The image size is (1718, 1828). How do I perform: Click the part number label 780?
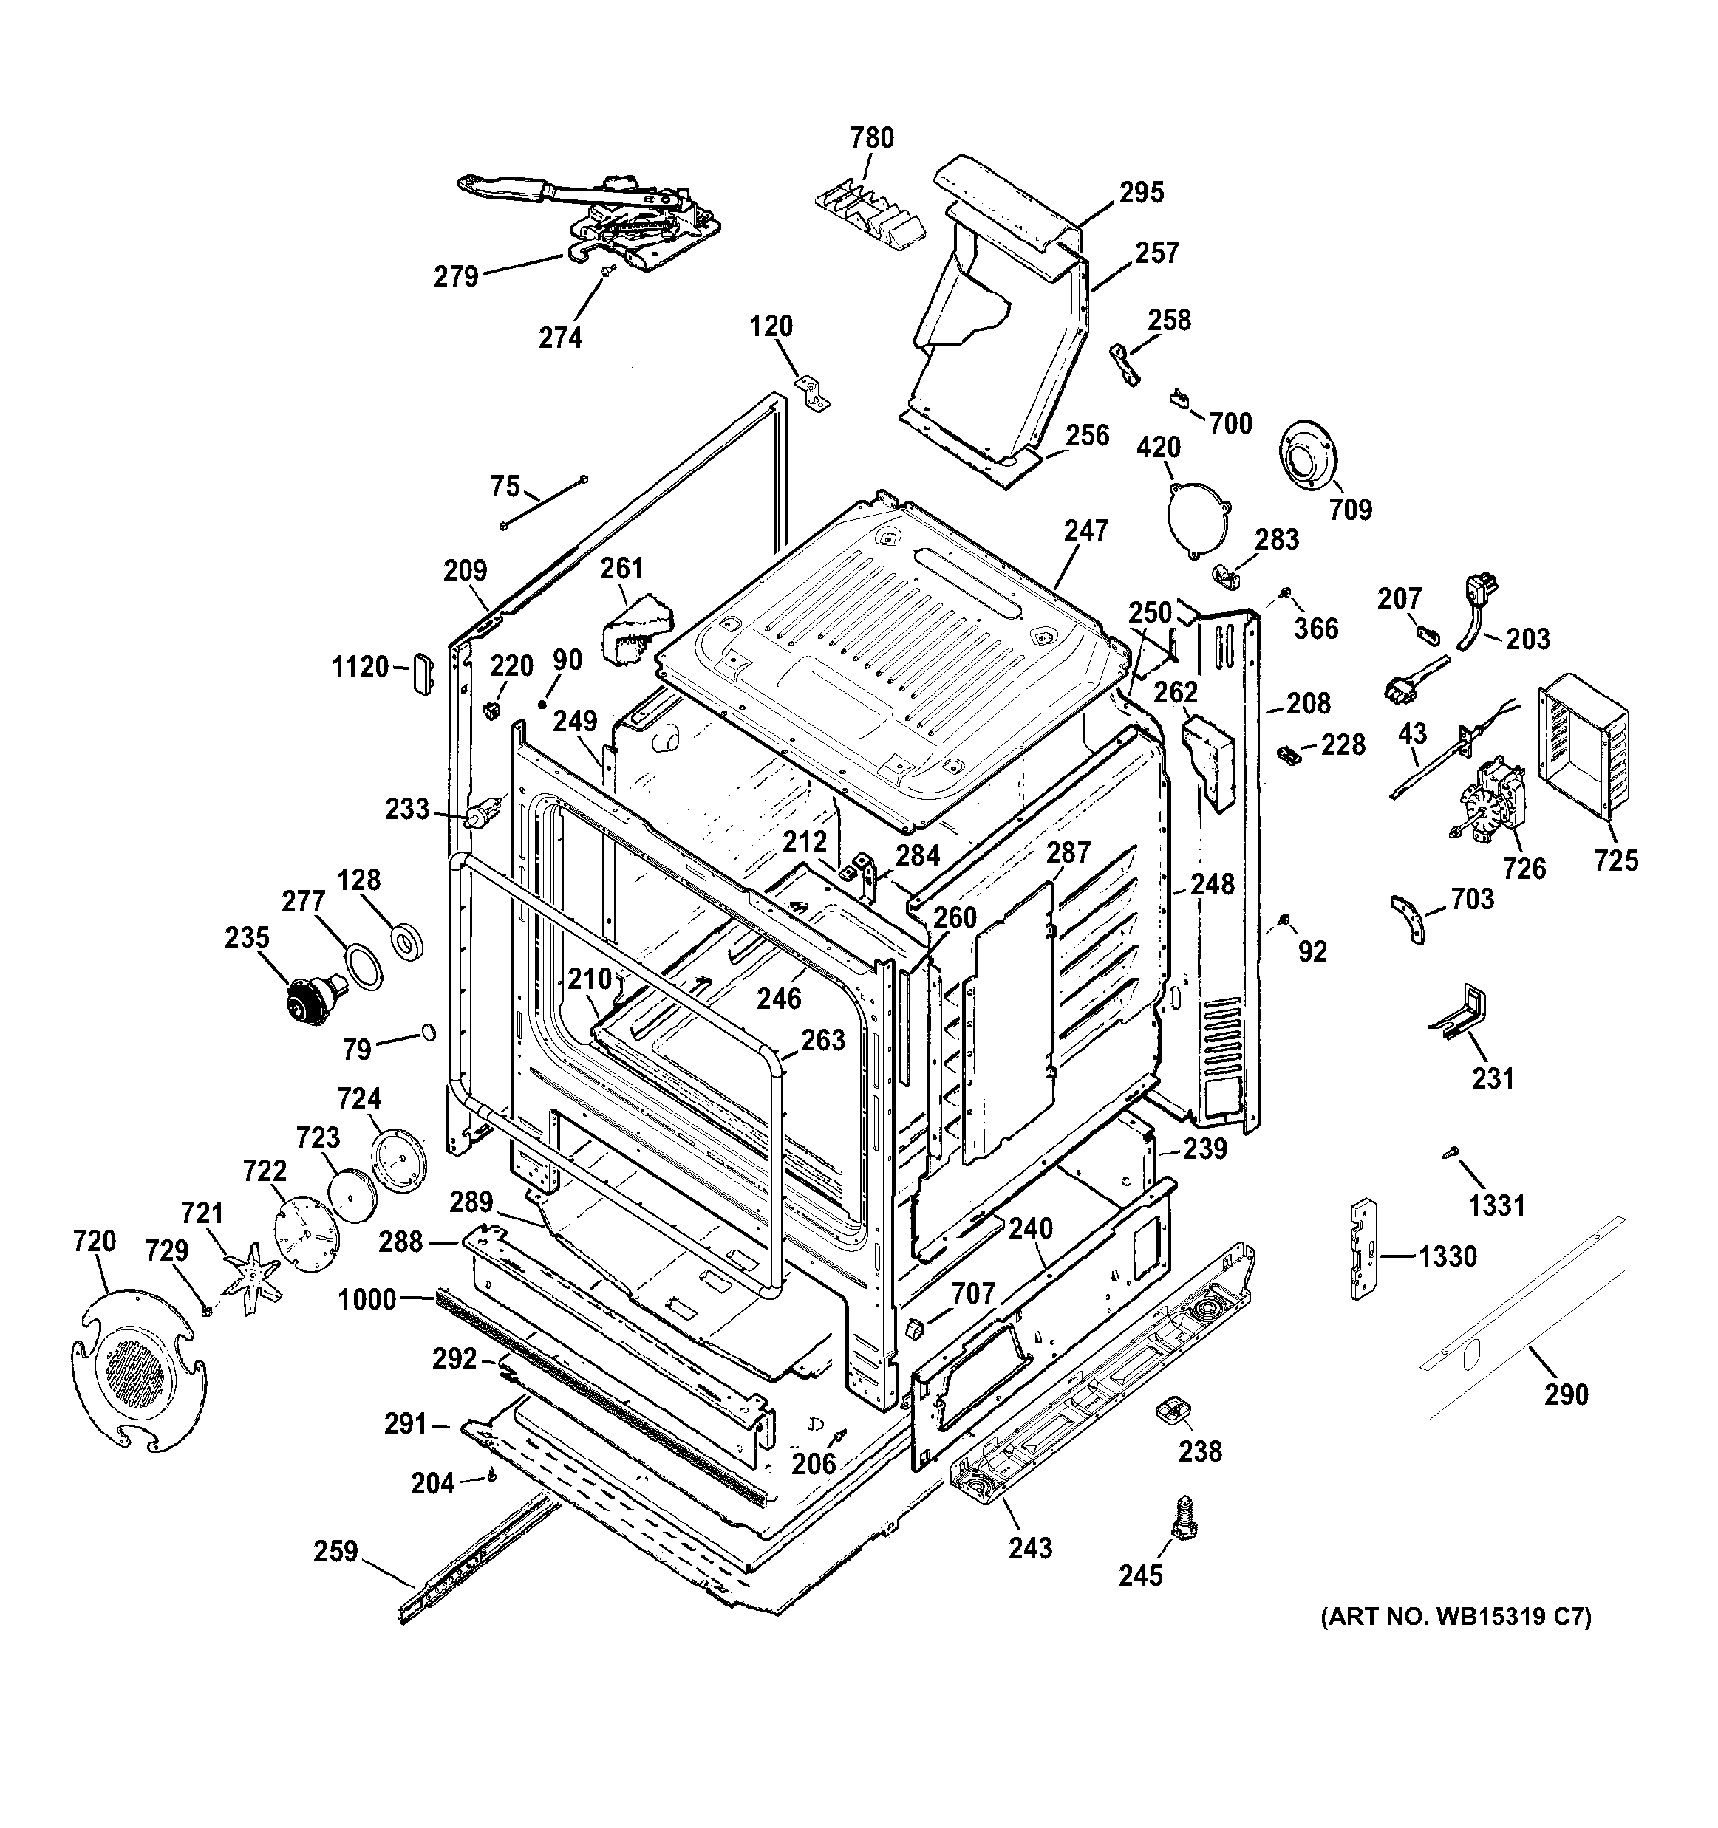point(871,138)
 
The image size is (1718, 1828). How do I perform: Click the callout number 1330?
point(1447,1256)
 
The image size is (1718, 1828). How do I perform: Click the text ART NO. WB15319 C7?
point(1456,1643)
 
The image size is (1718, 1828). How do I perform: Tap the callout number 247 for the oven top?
point(1086,530)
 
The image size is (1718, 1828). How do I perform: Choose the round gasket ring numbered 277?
point(365,968)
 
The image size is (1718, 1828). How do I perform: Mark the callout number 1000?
point(367,1299)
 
